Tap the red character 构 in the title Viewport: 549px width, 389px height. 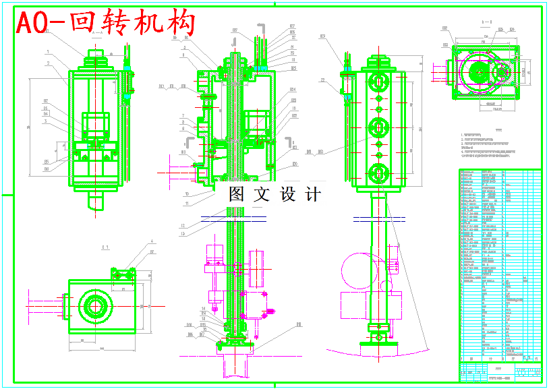point(181,24)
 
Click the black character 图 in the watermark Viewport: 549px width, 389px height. point(236,195)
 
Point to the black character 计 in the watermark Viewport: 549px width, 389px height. point(313,195)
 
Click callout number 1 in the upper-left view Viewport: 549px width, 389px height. point(48,52)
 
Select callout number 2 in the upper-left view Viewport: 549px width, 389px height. point(48,63)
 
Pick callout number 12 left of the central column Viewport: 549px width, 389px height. point(183,225)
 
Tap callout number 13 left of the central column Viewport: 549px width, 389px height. point(183,234)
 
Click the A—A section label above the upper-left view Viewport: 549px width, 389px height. point(97,32)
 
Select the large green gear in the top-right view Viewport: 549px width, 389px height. point(482,73)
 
